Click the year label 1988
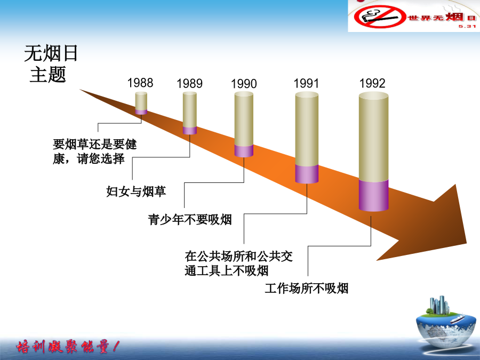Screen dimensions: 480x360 [140, 83]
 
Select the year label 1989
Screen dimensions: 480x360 [189, 84]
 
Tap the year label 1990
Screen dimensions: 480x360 [244, 84]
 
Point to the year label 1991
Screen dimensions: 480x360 [307, 83]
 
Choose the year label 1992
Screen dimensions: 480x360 [372, 83]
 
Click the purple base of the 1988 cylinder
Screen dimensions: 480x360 [141, 112]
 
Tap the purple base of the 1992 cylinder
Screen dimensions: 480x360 [373, 195]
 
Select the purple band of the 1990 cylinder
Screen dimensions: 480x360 [244, 151]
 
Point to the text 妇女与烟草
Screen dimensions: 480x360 [136, 191]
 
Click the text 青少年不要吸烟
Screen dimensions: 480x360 [190, 220]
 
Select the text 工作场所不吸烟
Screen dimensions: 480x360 [307, 288]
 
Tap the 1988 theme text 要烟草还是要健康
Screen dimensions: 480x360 [94, 151]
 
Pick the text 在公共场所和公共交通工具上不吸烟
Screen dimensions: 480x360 [239, 263]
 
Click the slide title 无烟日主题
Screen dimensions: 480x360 [51, 63]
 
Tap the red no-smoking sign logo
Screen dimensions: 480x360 [380, 17]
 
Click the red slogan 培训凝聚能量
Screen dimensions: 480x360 [68, 347]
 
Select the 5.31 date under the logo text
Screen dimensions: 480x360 [467, 26]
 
